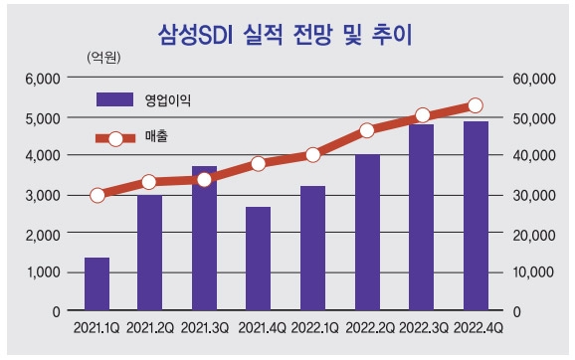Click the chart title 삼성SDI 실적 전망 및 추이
[x=286, y=35]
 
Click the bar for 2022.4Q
[x=475, y=216]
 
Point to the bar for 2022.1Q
[x=312, y=249]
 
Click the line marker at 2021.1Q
[x=96, y=195]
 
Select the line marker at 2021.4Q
[x=259, y=163]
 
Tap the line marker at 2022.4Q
[x=475, y=105]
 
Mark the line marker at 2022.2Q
[x=367, y=130]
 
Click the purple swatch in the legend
[x=114, y=99]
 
